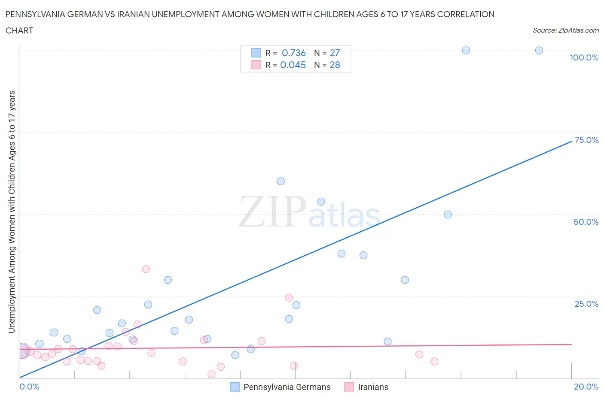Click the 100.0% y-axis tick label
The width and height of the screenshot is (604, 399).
[x=584, y=58]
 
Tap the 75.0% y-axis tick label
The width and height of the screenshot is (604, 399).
[x=586, y=140]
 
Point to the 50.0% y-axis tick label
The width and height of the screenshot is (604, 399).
[x=586, y=222]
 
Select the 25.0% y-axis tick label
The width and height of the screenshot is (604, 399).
[x=586, y=304]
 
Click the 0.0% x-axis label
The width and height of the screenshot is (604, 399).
[x=29, y=387]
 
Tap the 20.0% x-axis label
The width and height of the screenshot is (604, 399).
[x=586, y=387]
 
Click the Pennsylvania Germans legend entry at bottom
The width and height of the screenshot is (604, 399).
[x=287, y=387]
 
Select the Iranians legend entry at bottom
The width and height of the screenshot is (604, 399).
[x=373, y=387]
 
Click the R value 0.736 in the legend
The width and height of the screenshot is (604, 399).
[x=293, y=53]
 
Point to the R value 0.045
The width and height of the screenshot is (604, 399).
[x=293, y=65]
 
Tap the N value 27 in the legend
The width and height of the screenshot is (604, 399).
[x=335, y=53]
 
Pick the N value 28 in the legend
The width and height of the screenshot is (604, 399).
[x=335, y=65]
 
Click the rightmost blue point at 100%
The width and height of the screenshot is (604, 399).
[x=539, y=51]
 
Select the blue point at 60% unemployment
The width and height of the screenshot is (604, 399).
[x=281, y=181]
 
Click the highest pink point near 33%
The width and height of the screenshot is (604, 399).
[x=146, y=269]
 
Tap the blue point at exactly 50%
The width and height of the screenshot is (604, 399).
[x=448, y=215]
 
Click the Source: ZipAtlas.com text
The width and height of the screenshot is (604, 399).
[x=565, y=30]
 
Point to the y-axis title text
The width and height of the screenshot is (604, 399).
[x=12, y=212]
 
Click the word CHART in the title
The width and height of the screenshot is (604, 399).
[x=19, y=30]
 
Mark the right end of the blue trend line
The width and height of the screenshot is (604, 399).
[x=571, y=141]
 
